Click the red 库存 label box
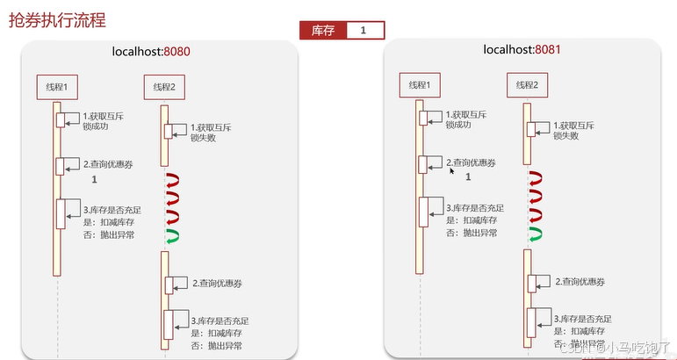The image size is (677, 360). [322, 31]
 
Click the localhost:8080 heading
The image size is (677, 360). [151, 52]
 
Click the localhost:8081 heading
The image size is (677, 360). [522, 49]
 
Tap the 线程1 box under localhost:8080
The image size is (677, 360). [58, 87]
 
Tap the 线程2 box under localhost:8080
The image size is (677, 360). [164, 87]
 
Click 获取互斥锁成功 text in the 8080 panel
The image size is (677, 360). [103, 121]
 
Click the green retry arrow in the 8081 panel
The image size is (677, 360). [535, 234]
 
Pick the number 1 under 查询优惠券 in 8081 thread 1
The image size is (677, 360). [468, 176]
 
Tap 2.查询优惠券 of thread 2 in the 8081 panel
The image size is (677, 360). [580, 282]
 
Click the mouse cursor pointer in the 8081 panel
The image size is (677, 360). [453, 172]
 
